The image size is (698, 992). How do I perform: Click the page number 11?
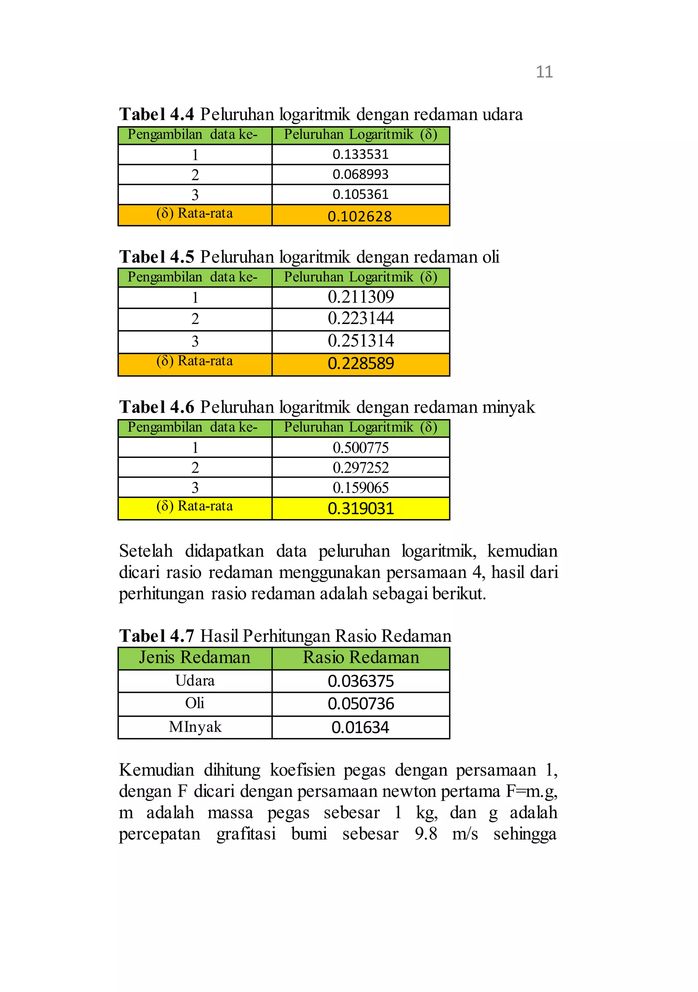(544, 72)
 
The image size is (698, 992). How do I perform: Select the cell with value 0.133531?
(360, 154)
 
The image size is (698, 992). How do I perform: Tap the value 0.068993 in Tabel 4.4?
(360, 174)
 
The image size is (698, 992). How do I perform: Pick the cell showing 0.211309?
(361, 297)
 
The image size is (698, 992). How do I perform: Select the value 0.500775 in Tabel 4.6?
(361, 448)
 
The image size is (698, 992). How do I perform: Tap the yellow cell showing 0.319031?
(361, 508)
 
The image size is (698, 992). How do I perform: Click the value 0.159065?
(361, 488)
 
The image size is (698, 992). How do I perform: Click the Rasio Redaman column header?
(361, 657)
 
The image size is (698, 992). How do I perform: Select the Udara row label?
(195, 681)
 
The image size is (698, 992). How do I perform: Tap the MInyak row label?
(195, 727)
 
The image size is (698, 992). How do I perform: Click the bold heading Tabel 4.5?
(157, 257)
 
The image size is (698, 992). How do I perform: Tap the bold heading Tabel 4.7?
(157, 636)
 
